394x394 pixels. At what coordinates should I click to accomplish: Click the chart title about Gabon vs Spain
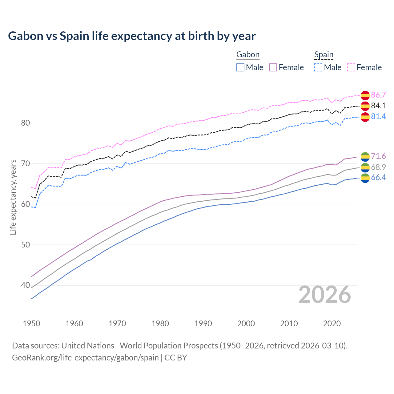coord(132,36)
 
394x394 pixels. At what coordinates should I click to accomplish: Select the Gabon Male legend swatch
coord(240,67)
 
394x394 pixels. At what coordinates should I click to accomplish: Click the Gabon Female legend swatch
coord(273,67)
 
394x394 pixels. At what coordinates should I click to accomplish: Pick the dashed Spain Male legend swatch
coord(318,67)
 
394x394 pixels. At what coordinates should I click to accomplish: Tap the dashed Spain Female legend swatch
coord(351,67)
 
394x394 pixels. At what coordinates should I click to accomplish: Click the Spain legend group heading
coord(324,55)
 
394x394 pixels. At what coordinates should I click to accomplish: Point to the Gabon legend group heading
coord(248,55)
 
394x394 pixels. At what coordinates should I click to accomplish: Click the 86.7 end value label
coord(378,95)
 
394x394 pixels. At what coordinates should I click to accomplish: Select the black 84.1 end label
coord(378,106)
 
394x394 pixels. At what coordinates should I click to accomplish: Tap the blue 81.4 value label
coord(378,116)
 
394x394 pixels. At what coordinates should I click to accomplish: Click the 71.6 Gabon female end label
coord(378,156)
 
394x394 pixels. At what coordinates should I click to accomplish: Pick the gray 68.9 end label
coord(378,167)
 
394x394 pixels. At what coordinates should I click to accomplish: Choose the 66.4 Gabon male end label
coord(378,177)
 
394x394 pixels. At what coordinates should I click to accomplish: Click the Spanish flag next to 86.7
coord(365,95)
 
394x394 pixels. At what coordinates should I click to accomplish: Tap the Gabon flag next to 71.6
coord(365,156)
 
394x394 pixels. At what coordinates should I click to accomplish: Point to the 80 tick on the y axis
coord(26,123)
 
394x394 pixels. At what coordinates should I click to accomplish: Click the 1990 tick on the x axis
coord(203,324)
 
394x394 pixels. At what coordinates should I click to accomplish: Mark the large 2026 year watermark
coord(325,295)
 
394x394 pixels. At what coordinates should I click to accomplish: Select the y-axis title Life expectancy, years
coord(13,197)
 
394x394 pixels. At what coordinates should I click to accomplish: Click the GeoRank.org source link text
coord(85,358)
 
